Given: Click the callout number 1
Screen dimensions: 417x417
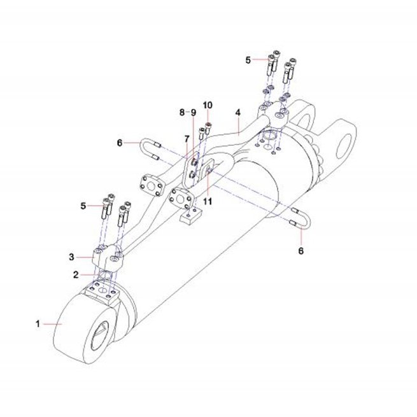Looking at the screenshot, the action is [x=38, y=324].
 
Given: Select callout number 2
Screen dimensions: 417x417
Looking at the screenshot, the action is [x=76, y=275].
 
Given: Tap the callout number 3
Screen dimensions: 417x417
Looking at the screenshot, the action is [x=71, y=257].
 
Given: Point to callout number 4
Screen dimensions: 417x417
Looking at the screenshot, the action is [x=237, y=113].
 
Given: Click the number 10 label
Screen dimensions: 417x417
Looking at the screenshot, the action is [x=208, y=105].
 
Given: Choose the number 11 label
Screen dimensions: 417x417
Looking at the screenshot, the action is [x=208, y=201].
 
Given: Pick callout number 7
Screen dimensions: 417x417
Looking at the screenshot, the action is [x=187, y=139].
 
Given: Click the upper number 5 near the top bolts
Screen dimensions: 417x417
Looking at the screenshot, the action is [x=248, y=60].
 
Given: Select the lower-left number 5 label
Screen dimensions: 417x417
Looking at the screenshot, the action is [x=83, y=206].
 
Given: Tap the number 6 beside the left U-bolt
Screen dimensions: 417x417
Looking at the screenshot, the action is [x=120, y=143].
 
